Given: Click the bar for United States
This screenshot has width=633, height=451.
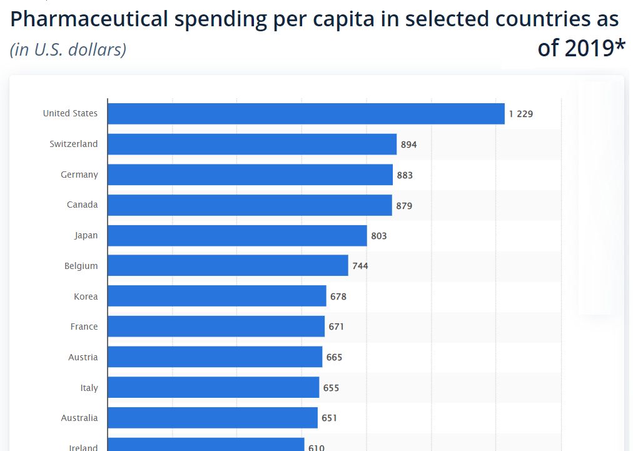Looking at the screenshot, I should click(306, 114).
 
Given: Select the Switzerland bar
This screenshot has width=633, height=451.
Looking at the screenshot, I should click(252, 144).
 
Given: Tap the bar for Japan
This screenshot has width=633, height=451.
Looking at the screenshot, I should click(237, 236).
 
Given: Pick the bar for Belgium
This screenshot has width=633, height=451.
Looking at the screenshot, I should click(228, 266).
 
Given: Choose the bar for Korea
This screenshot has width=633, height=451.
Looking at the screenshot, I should click(216, 296).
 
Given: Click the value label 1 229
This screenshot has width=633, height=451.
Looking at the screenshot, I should click(521, 114).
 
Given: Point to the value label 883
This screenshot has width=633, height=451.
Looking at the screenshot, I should click(405, 175).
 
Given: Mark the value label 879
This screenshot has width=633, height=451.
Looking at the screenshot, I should click(404, 205).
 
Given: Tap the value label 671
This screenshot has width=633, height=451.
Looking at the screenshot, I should click(335, 327).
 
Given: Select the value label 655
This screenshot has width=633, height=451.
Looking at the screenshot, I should click(331, 388).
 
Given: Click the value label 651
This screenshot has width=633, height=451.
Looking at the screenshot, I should click(330, 418).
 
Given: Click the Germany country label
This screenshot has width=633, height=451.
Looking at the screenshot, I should click(79, 175).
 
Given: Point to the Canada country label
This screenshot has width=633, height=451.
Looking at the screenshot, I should click(83, 205).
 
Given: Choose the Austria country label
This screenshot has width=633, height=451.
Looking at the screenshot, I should click(83, 357).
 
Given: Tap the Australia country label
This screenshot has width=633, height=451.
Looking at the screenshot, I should click(79, 418).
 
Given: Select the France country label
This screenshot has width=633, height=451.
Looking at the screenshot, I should click(84, 327).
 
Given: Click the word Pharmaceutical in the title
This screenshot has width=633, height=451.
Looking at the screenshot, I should click(89, 20).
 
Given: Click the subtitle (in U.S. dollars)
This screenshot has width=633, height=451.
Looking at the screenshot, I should click(68, 49).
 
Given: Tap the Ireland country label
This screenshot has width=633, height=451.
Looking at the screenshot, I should click(83, 447).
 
